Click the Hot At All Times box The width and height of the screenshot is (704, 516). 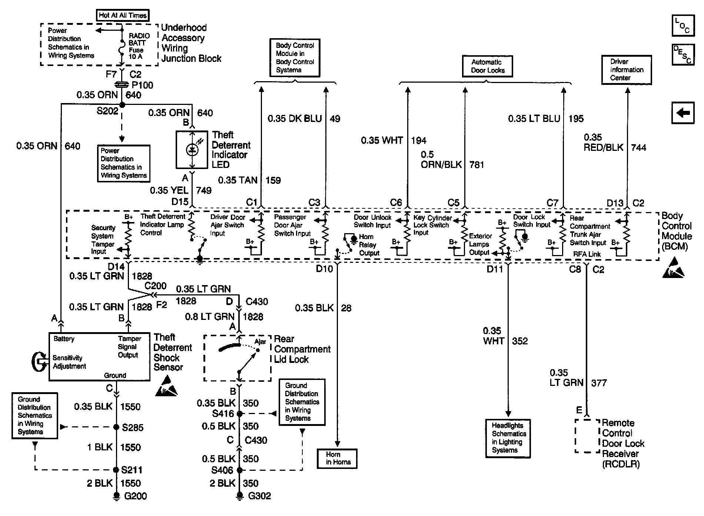tap(123, 15)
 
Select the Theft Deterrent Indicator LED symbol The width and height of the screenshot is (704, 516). tap(192, 149)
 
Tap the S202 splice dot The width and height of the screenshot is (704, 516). tap(122, 105)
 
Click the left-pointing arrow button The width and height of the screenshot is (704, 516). tap(683, 113)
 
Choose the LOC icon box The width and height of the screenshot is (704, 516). tap(683, 25)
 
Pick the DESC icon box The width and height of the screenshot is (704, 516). tap(683, 55)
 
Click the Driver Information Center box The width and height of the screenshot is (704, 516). tap(626, 70)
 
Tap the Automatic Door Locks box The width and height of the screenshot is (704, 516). tap(487, 66)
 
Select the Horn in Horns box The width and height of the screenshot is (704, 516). tap(337, 459)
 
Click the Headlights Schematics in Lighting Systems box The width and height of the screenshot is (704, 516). tap(508, 438)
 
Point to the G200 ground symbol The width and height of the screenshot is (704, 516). tap(117, 496)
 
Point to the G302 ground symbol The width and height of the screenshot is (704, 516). tap(240, 496)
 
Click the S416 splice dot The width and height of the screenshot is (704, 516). tap(240, 413)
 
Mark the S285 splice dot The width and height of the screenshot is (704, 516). tap(116, 427)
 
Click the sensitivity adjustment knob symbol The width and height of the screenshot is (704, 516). tap(39, 361)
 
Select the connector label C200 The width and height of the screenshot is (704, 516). tap(155, 286)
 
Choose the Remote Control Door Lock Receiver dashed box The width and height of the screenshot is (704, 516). tap(587, 436)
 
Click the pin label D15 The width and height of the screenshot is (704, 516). tap(180, 202)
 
